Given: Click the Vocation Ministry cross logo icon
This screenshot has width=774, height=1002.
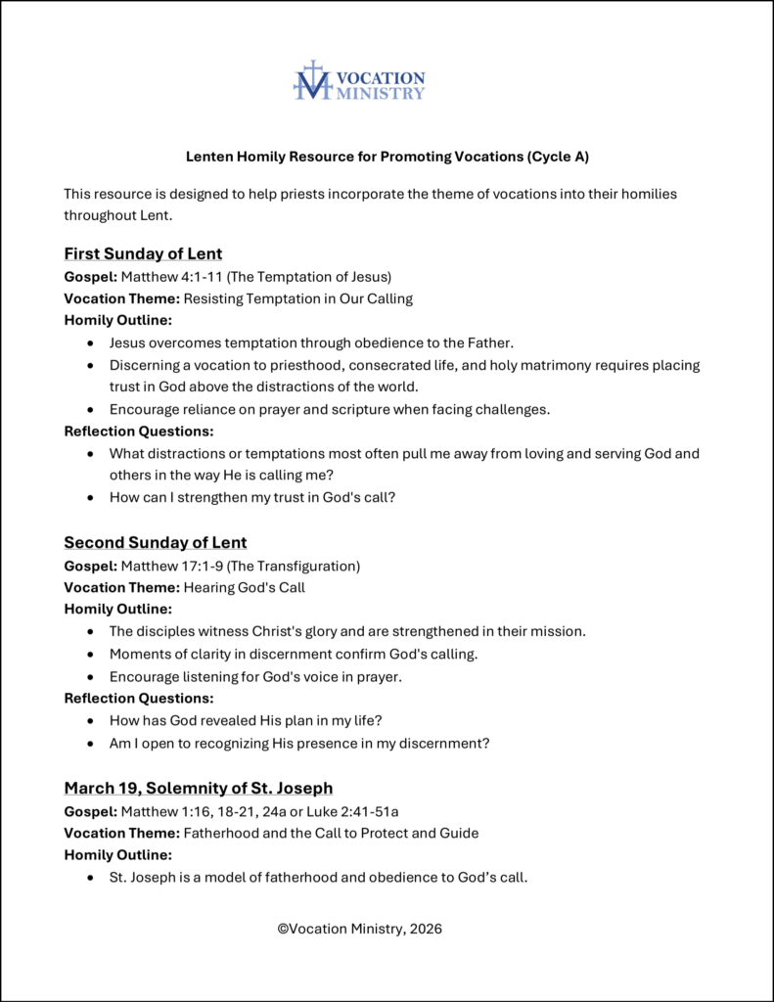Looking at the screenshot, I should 312,80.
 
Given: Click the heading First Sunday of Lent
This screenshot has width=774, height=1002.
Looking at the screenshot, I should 143,254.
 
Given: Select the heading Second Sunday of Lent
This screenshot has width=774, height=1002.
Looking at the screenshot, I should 156,542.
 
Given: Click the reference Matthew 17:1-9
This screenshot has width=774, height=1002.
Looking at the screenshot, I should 172,566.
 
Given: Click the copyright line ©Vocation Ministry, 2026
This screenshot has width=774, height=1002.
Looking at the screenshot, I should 359,929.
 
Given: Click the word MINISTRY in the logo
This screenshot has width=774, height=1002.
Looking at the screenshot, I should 380,93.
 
